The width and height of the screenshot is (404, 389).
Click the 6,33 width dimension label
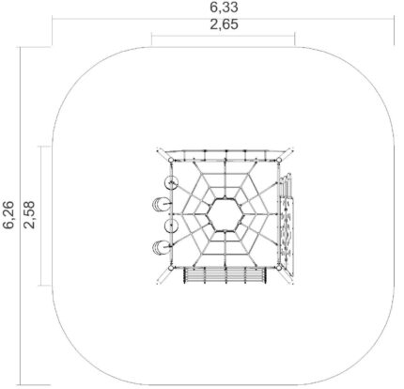(x=224, y=8)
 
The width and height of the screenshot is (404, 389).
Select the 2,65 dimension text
(x=224, y=24)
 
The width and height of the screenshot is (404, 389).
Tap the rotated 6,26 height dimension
(x=8, y=215)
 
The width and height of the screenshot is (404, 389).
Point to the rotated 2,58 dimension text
(x=29, y=215)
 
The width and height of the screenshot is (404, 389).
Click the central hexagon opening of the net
(x=225, y=215)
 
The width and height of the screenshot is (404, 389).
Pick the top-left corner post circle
(x=171, y=161)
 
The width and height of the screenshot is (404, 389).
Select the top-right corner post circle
(x=279, y=161)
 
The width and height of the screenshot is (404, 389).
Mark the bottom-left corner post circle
(x=171, y=268)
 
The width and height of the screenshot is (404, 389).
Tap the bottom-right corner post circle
(x=279, y=268)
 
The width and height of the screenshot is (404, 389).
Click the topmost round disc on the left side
(x=172, y=182)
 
